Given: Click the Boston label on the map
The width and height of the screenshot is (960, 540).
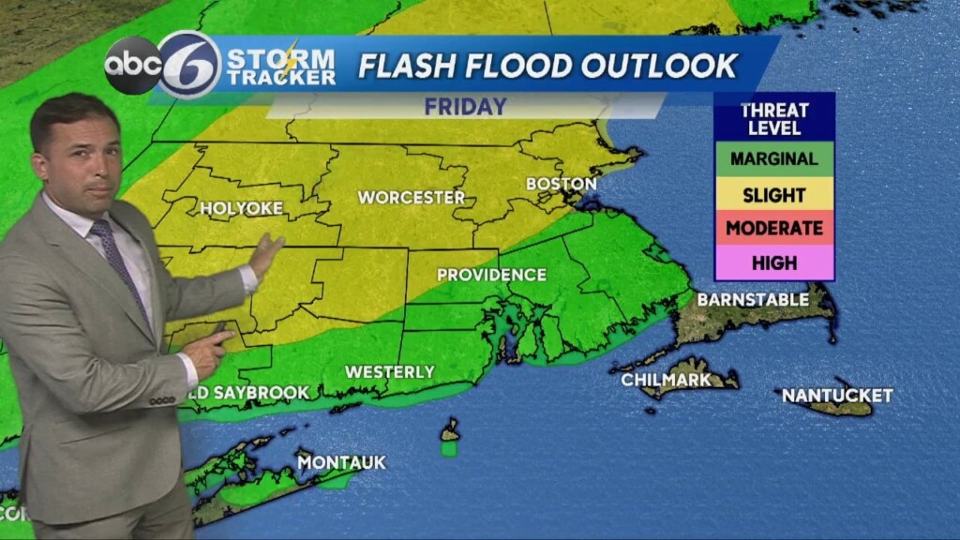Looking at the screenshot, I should (561, 184).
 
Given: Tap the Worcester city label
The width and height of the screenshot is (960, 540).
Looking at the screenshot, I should (412, 198).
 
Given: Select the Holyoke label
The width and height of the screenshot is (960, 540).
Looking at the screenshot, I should (241, 208).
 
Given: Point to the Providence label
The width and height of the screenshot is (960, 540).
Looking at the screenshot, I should (491, 275).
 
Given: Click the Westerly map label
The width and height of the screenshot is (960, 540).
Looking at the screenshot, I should (390, 372).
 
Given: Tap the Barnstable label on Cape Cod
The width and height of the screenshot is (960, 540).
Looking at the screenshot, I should (753, 300).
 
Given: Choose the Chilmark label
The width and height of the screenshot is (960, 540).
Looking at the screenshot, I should (666, 380).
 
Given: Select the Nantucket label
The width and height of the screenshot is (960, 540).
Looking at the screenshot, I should (837, 396).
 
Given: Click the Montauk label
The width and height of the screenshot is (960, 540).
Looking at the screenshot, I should (341, 462).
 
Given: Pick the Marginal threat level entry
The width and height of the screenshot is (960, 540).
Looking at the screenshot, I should (774, 158).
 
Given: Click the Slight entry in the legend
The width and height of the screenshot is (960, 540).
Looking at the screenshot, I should (774, 195).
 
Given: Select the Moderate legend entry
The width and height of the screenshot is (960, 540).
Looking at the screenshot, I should (774, 228).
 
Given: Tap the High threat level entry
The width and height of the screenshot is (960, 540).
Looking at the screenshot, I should (774, 262).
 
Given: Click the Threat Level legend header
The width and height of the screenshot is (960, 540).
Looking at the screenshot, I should (774, 117).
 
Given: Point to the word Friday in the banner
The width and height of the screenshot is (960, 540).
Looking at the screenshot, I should (465, 107).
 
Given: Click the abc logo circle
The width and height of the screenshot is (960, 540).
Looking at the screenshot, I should (133, 66).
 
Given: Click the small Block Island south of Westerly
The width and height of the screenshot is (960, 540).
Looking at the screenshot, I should (451, 432).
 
